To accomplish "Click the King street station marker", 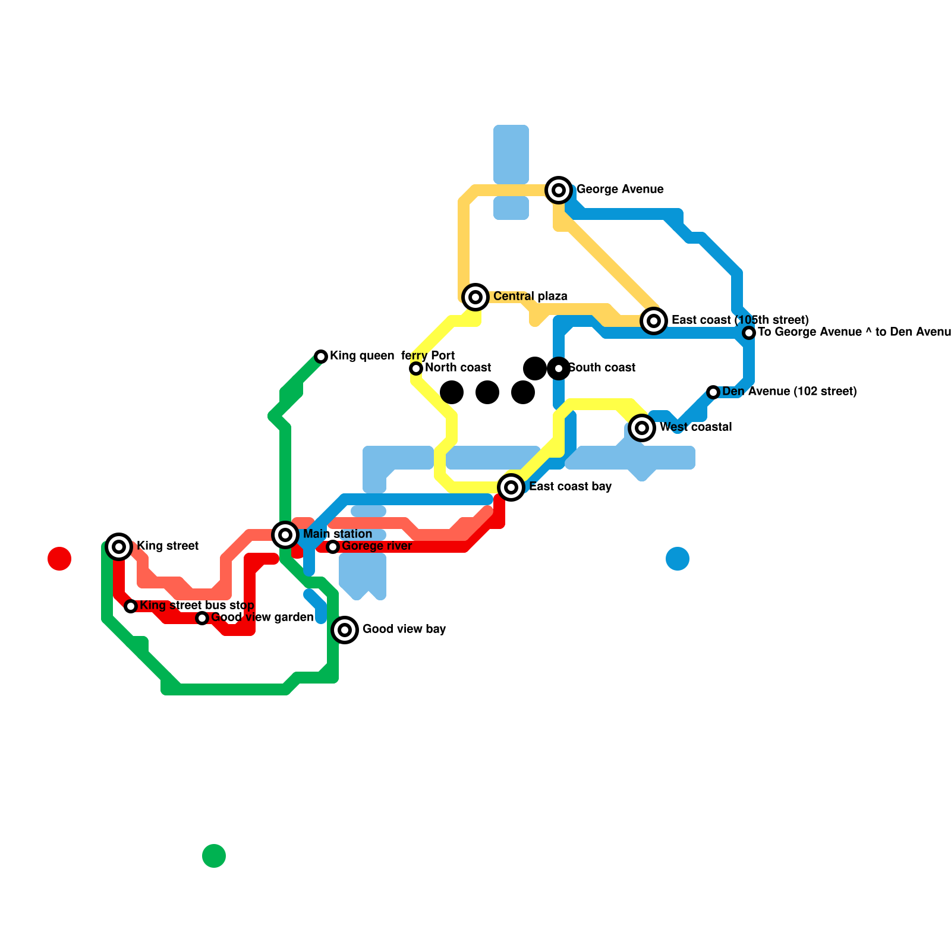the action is click(x=119, y=546).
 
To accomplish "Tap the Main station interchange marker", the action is click(x=285, y=535).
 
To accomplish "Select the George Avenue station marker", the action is click(x=559, y=190).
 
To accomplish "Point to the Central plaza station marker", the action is click(x=475, y=297).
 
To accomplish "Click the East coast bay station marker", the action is click(x=511, y=487).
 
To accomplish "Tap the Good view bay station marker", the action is click(x=345, y=630).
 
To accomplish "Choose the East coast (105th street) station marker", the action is click(x=654, y=321).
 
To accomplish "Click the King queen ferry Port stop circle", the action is click(x=321, y=357).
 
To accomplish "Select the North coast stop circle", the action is click(x=416, y=369).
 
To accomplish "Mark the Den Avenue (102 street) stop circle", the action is click(x=713, y=392).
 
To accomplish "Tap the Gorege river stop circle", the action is click(x=333, y=547).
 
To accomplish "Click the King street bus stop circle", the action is click(x=131, y=606).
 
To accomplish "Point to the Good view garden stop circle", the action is click(x=202, y=618).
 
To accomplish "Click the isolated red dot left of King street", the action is click(x=59, y=559).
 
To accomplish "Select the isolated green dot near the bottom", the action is click(x=214, y=856).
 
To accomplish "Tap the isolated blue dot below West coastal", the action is click(x=678, y=559).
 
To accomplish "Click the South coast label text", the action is click(x=602, y=368).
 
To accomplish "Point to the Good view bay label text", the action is click(x=404, y=629).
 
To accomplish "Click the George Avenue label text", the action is click(x=620, y=190).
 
